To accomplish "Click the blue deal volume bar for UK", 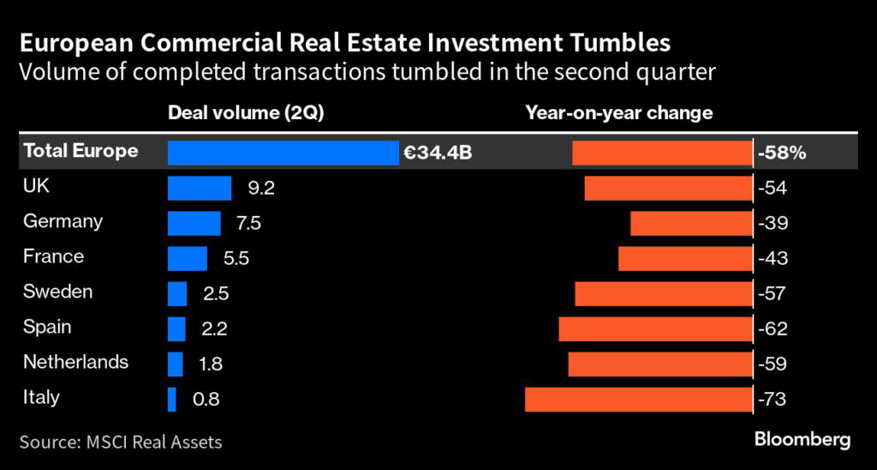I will pyautogui.click(x=200, y=189).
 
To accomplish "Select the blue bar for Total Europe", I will pyautogui.click(x=283, y=153).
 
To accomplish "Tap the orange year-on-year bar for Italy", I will pyautogui.click(x=638, y=399).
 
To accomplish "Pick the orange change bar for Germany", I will pyautogui.click(x=691, y=224).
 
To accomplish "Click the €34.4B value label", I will pyautogui.click(x=438, y=154).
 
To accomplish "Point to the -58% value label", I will pyautogui.click(x=782, y=154).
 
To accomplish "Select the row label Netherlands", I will pyautogui.click(x=76, y=362).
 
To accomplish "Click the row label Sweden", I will pyautogui.click(x=57, y=292).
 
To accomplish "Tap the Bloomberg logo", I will pyautogui.click(x=802, y=440).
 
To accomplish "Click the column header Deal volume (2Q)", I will pyautogui.click(x=246, y=113).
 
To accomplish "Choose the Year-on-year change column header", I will pyautogui.click(x=619, y=113).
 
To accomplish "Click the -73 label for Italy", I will pyautogui.click(x=773, y=399).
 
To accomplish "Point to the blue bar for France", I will pyautogui.click(x=188, y=258).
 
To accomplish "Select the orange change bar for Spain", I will pyautogui.click(x=655, y=328).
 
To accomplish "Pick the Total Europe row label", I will pyautogui.click(x=81, y=152).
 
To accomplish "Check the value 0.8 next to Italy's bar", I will pyautogui.click(x=206, y=399).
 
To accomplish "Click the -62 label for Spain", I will pyautogui.click(x=773, y=328).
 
